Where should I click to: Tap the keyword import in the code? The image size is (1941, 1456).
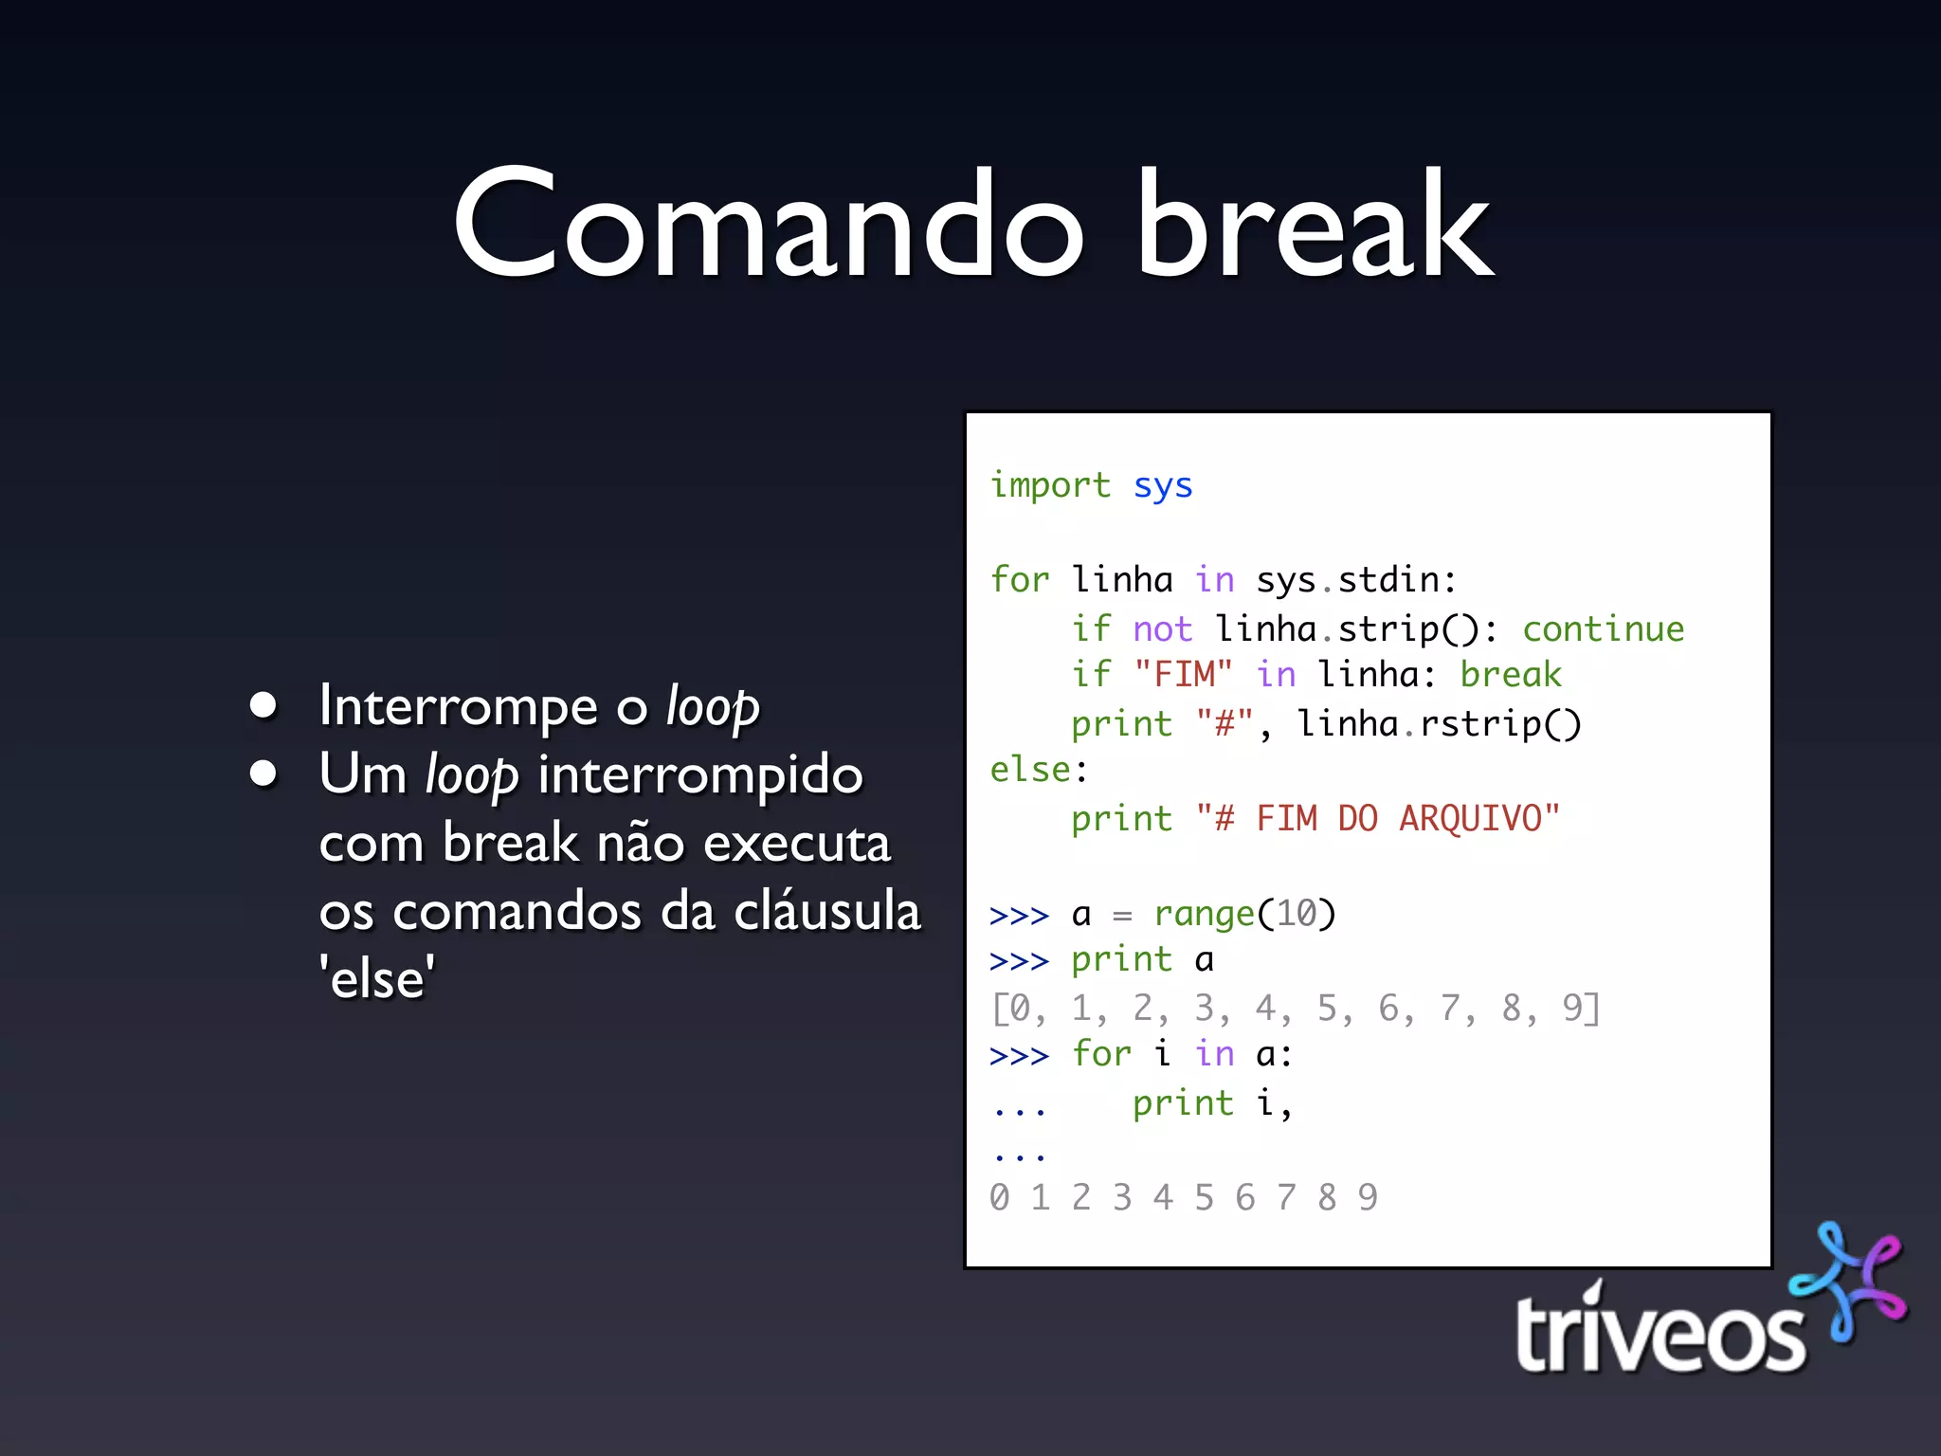pyautogui.click(x=1049, y=485)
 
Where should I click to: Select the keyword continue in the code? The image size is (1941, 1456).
pyautogui.click(x=1603, y=628)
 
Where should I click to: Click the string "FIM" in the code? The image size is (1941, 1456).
pyautogui.click(x=1183, y=675)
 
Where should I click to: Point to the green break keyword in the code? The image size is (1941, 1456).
pyautogui.click(x=1510, y=675)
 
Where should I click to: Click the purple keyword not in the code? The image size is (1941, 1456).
pyautogui.click(x=1162, y=628)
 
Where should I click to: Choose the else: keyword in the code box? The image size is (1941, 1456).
pyautogui.click(x=1039, y=770)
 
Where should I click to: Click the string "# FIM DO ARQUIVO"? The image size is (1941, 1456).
pyautogui.click(x=1377, y=818)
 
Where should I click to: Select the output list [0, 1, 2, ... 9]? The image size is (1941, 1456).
pyautogui.click(x=1295, y=1009)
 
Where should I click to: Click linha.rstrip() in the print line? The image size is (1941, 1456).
pyautogui.click(x=1439, y=724)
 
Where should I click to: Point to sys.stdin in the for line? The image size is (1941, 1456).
pyautogui.click(x=1355, y=580)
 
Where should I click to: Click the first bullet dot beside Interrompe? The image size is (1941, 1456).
pyautogui.click(x=263, y=705)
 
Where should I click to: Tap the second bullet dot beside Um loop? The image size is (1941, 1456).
pyautogui.click(x=263, y=773)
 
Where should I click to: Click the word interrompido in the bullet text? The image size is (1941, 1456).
pyautogui.click(x=700, y=775)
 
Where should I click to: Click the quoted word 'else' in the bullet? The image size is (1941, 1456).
pyautogui.click(x=377, y=979)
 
